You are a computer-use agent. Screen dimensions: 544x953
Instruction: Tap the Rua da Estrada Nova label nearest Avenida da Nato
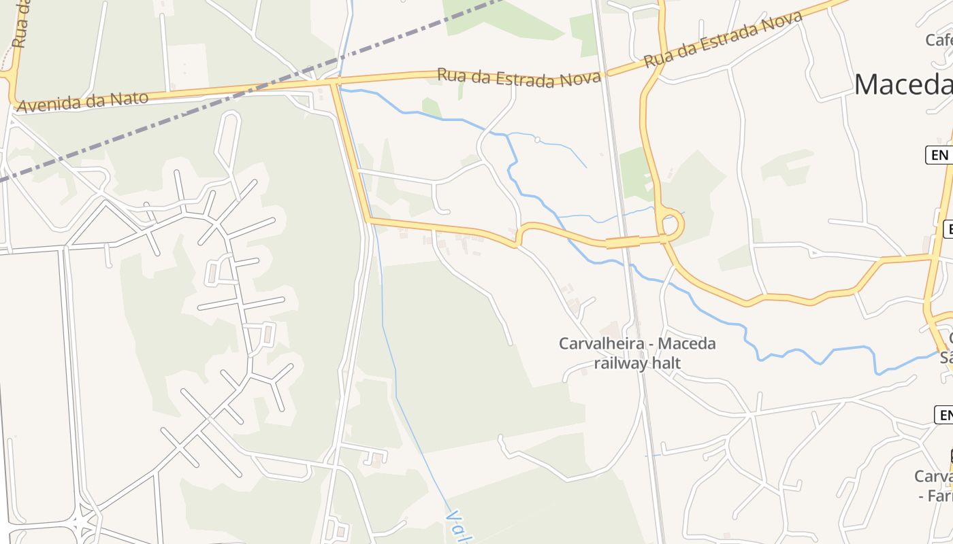pos(519,78)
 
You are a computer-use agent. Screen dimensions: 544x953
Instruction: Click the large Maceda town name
pos(903,85)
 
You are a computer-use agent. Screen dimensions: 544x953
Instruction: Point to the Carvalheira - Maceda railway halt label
pos(637,353)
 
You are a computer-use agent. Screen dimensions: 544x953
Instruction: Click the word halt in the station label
pos(666,363)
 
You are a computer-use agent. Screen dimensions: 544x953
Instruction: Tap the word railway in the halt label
pos(620,363)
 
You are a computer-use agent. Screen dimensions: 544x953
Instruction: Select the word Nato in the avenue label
pos(130,98)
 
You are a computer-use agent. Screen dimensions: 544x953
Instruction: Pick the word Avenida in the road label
pos(50,104)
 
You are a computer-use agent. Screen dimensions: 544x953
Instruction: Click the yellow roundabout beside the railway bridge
pos(671,224)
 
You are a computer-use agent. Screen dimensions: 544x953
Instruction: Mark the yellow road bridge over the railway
pos(623,241)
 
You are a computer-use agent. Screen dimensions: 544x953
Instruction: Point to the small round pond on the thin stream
pos(537,140)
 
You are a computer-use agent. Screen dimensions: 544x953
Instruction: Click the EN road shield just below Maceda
pos(939,155)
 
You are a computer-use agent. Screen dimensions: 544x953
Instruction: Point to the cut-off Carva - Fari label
pos(934,486)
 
